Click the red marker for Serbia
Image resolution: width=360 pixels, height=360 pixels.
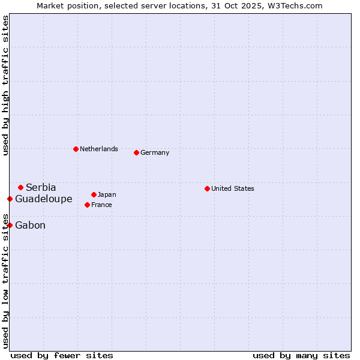click(x=20, y=187)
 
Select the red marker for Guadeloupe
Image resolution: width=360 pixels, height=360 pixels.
click(x=10, y=199)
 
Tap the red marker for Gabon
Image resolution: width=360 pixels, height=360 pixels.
click(x=10, y=225)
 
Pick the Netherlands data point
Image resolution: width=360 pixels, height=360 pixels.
click(x=76, y=149)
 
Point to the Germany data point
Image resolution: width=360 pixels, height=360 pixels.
click(x=136, y=152)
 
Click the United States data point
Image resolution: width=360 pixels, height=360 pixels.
click(x=207, y=188)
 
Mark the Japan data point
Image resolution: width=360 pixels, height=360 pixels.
click(x=94, y=194)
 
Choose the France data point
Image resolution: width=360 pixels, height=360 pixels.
click(x=87, y=205)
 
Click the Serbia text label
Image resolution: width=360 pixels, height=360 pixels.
click(x=41, y=188)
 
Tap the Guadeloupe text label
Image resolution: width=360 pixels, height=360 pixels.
click(x=44, y=199)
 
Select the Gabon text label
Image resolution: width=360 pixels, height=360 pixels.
click(x=30, y=226)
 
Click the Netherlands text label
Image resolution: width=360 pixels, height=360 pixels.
click(x=99, y=149)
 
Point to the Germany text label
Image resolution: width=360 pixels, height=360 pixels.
click(x=155, y=152)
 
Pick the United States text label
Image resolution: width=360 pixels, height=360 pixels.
click(x=233, y=188)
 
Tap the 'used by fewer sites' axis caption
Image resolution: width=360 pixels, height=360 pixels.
click(x=62, y=355)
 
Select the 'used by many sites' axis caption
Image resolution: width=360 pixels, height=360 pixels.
click(x=301, y=355)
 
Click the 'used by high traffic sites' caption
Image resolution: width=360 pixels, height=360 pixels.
click(x=6, y=85)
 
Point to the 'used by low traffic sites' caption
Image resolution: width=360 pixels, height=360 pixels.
click(x=6, y=280)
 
